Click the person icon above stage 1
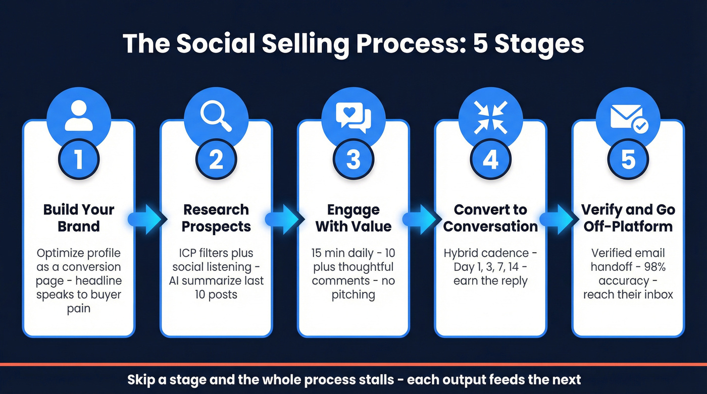[x=79, y=116]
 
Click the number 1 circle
[x=79, y=160]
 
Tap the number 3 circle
[x=353, y=160]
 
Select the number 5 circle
[x=628, y=160]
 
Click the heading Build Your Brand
[x=79, y=217]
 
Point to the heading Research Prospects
[x=216, y=217]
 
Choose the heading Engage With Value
[x=353, y=217]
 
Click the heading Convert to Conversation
[x=490, y=217]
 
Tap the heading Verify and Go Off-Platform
[x=628, y=217]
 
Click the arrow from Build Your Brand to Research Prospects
[x=147, y=219]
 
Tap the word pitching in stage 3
[x=353, y=295]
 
